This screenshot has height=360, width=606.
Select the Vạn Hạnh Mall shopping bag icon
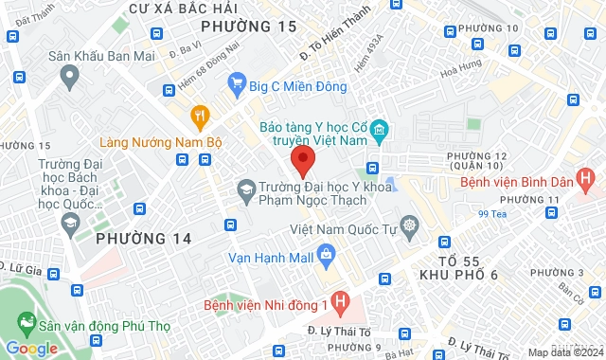(326, 254)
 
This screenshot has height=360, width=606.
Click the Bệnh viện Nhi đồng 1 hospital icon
(342, 305)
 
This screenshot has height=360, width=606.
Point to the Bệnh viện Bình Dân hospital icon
(587, 177)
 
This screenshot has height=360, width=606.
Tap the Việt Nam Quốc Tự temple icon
(409, 225)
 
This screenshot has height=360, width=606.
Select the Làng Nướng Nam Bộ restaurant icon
(200, 117)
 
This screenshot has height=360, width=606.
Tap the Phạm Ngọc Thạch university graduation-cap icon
(246, 189)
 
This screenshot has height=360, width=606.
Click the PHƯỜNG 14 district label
(144, 239)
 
